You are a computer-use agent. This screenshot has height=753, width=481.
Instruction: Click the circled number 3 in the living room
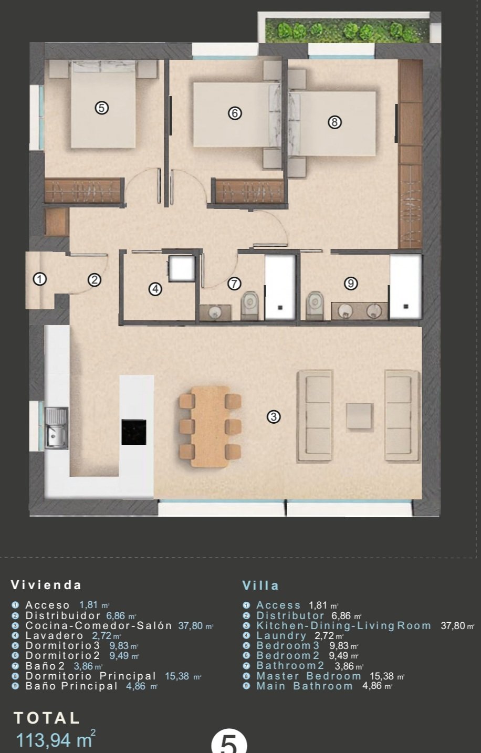(x=274, y=417)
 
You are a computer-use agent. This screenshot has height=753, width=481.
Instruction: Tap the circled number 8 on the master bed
(x=334, y=122)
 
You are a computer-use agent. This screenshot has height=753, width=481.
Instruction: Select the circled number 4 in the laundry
(x=155, y=289)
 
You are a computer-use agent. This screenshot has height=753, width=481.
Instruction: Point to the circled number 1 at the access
(x=40, y=279)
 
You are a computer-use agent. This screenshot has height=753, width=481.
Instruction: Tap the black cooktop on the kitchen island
(x=134, y=432)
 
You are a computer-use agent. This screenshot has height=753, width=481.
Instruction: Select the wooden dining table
(x=210, y=427)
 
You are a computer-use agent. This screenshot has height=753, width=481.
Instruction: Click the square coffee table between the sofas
(x=359, y=416)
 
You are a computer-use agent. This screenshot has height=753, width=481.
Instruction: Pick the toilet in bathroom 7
(x=250, y=306)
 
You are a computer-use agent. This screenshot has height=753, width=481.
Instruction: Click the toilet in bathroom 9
(x=315, y=306)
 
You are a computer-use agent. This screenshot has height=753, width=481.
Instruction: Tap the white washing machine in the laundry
(x=182, y=268)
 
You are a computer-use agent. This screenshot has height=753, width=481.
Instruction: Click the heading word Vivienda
(x=46, y=585)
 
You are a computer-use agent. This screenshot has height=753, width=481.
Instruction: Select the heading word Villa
(x=260, y=585)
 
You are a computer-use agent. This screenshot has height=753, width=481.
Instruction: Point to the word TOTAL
(x=47, y=718)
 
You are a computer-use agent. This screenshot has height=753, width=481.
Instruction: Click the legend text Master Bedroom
(x=309, y=676)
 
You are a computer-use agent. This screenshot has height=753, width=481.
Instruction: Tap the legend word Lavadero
(x=54, y=635)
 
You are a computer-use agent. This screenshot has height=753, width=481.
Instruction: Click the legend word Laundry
(x=281, y=636)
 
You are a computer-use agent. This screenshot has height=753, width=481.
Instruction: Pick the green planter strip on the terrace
(x=347, y=30)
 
